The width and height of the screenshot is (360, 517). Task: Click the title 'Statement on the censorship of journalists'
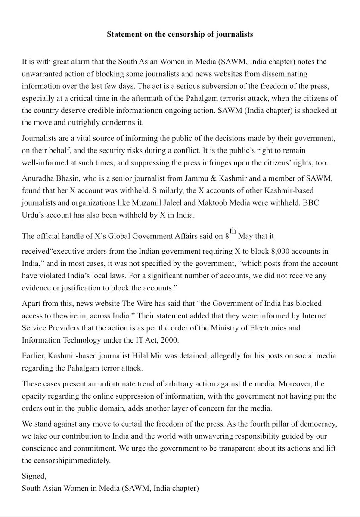pyautogui.click(x=180, y=34)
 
